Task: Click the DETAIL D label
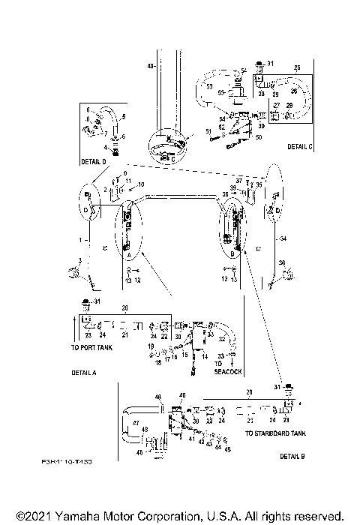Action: pyautogui.click(x=94, y=161)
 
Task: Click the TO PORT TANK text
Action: pyautogui.click(x=92, y=348)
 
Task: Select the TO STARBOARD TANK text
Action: pyautogui.click(x=275, y=433)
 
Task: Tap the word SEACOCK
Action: pyautogui.click(x=229, y=370)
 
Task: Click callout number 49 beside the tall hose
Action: pyautogui.click(x=151, y=67)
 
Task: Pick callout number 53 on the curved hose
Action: pyautogui.click(x=209, y=86)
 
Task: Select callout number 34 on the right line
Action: pyautogui.click(x=283, y=238)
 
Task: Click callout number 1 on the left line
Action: pyautogui.click(x=78, y=238)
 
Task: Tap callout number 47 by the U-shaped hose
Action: pyautogui.click(x=136, y=424)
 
